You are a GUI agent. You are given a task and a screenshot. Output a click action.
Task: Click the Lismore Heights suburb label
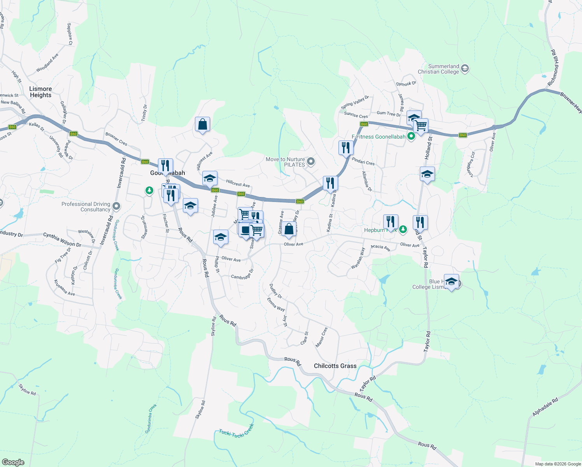40,92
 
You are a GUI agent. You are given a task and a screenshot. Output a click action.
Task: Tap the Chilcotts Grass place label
335,366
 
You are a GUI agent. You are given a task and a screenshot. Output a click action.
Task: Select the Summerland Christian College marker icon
465,69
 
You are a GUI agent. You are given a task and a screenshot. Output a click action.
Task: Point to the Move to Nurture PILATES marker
310,162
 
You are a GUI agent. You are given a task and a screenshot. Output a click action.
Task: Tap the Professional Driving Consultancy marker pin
116,206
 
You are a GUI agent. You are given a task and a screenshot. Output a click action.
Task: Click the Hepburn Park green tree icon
403,230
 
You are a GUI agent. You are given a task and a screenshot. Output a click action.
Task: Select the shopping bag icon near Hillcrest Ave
203,125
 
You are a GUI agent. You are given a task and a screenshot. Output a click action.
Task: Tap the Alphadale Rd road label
545,407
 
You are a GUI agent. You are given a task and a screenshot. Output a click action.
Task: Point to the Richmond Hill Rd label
554,68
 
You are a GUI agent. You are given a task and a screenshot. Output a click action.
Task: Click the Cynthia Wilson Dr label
62,240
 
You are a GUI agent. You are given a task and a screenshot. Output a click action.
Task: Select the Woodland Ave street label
47,63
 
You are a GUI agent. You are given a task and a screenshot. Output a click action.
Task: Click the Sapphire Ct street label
70,34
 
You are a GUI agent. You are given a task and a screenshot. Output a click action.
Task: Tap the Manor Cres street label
321,337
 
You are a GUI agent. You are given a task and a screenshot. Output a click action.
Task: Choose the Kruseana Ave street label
64,288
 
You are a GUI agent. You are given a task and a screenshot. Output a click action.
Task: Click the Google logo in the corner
13,462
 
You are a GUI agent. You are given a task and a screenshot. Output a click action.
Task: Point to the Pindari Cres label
363,161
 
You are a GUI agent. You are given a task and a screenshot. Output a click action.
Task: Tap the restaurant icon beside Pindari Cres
345,148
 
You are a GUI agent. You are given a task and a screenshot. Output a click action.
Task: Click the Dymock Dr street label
406,84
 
